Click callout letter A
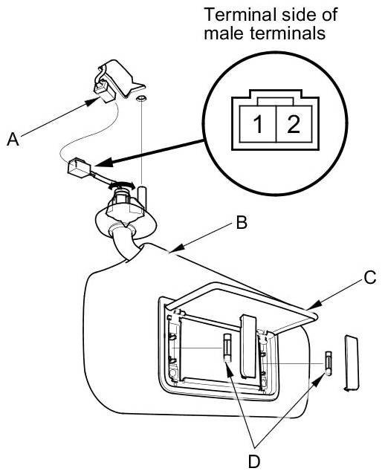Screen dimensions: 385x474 coord(13,140)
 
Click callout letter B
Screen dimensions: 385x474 coord(242,222)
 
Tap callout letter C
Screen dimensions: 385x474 coord(370,278)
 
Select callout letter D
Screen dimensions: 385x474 coord(254,461)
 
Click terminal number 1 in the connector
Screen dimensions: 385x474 coord(258,124)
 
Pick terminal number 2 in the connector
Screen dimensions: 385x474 coord(294,124)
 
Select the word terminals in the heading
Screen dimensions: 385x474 coord(288,33)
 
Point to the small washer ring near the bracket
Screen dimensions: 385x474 coord(140,98)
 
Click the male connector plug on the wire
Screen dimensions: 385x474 coord(79,167)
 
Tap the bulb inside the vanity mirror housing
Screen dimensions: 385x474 coord(227,348)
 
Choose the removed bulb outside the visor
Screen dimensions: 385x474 coord(329,363)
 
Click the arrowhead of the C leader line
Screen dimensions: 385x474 coord(314,305)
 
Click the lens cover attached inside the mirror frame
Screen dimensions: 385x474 coord(248,346)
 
